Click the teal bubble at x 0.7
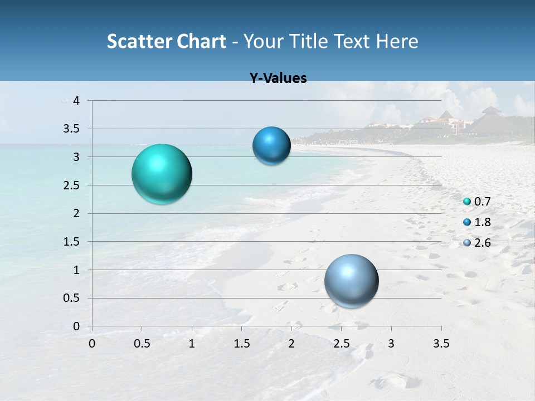point(162,174)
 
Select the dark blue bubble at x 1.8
point(271,145)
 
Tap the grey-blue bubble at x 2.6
point(351,281)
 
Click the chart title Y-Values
point(278,79)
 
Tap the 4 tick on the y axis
point(77,101)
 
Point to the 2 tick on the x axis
point(291,344)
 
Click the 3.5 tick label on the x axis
point(441,344)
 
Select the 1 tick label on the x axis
point(192,344)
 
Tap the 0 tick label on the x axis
point(92,344)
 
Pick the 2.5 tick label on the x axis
point(341,344)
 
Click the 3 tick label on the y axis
point(77,157)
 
